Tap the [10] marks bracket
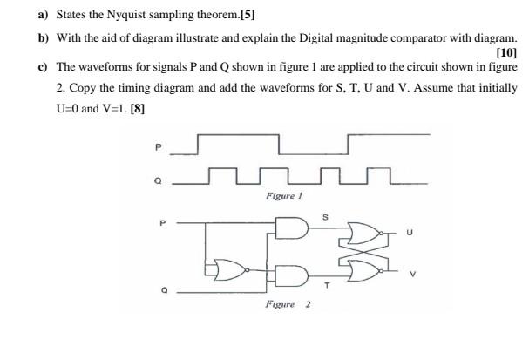tap(505, 53)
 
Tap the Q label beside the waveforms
tap(158, 182)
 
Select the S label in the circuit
tap(325, 215)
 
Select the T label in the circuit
tap(328, 284)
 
